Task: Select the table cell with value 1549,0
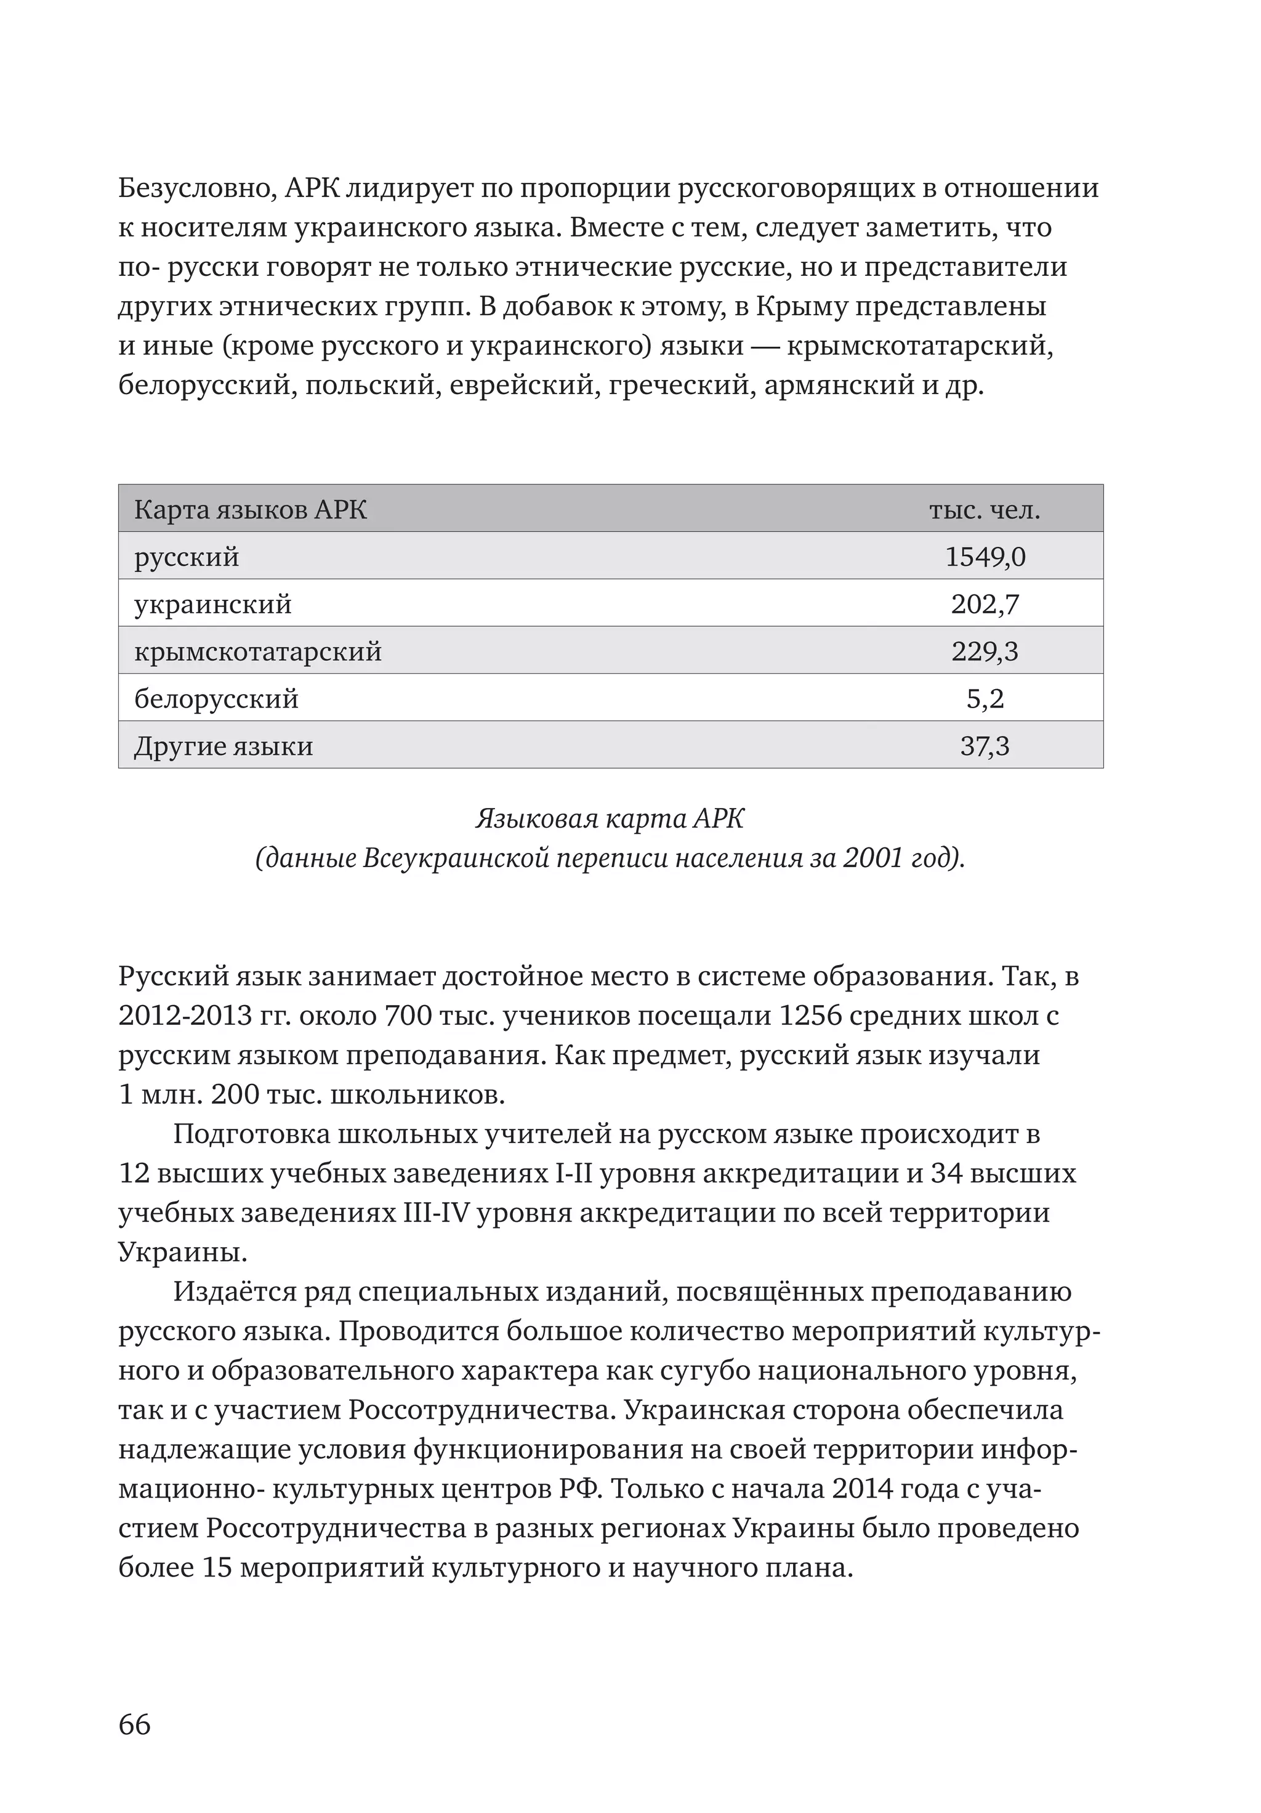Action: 985,557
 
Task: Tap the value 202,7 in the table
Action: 985,604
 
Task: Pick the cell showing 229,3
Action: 985,652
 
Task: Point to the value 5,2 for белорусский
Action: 985,699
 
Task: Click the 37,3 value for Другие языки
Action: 985,746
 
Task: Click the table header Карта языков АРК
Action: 251,510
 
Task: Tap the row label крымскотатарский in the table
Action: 257,652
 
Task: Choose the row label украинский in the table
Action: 213,604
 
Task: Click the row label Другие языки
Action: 224,746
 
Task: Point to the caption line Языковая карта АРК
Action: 610,819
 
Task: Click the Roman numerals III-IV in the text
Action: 437,1213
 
